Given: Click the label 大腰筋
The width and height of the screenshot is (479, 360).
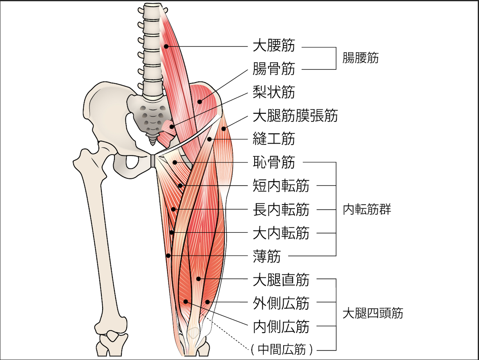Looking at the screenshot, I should pyautogui.click(x=274, y=46).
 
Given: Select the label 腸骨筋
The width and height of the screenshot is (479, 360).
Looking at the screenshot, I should pyautogui.click(x=274, y=69).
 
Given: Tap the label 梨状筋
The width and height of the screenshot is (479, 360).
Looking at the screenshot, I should pyautogui.click(x=274, y=92).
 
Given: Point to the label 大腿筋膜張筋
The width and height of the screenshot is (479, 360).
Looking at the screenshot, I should pyautogui.click(x=295, y=116).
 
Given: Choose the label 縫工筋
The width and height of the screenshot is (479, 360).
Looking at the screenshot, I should pyautogui.click(x=274, y=139).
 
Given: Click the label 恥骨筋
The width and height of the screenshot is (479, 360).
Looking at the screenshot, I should pyautogui.click(x=274, y=162).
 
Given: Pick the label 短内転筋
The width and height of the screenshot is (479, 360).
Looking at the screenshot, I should pyautogui.click(x=281, y=186).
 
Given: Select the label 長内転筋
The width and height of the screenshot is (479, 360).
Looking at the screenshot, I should pyautogui.click(x=281, y=210).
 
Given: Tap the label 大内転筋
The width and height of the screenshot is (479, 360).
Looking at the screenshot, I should pyautogui.click(x=281, y=233).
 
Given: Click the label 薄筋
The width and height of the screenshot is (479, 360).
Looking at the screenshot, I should pyautogui.click(x=267, y=256).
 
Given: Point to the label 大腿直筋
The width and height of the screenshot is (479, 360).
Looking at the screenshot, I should pyautogui.click(x=281, y=280).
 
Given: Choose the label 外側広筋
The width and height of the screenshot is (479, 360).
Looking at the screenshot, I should pyautogui.click(x=281, y=304).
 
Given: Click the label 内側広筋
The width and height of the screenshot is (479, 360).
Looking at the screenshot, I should pyautogui.click(x=281, y=327).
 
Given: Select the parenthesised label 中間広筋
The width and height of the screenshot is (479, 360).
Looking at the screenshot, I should pyautogui.click(x=282, y=350).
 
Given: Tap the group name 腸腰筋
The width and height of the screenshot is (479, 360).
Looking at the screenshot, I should pyautogui.click(x=360, y=58).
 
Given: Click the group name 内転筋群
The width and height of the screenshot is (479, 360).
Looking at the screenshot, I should pyautogui.click(x=367, y=210).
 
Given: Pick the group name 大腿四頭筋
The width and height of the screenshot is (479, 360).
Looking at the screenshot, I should pyautogui.click(x=373, y=313).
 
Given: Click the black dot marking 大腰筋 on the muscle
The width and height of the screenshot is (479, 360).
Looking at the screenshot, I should pyautogui.click(x=166, y=46).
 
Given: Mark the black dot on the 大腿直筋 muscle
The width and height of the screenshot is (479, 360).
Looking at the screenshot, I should pyautogui.click(x=198, y=279).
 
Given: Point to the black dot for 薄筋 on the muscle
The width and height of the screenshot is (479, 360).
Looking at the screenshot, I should pyautogui.click(x=168, y=256).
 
